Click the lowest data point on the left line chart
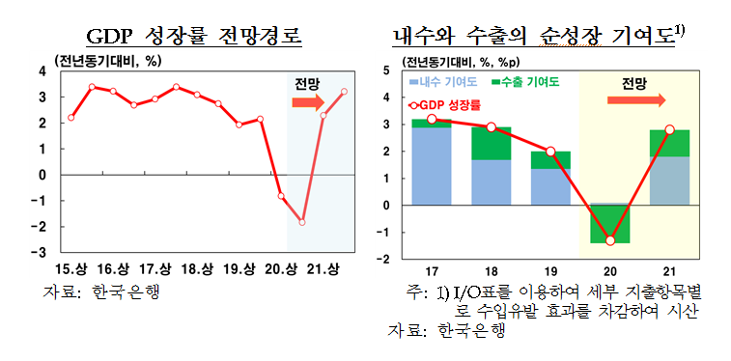tap(302, 222)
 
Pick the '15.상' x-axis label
tap(70, 268)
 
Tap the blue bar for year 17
tap(431, 165)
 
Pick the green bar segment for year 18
tap(491, 143)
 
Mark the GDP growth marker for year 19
tap(550, 152)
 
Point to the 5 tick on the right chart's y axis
tap(386, 70)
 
